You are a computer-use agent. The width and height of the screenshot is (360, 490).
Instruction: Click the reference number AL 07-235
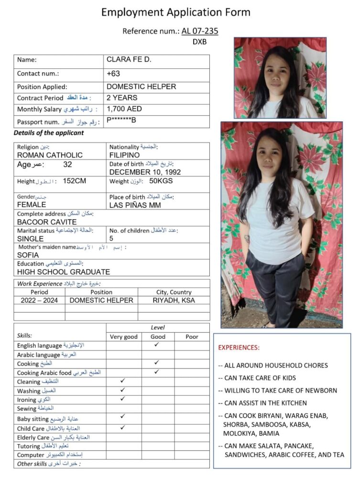pos(200,31)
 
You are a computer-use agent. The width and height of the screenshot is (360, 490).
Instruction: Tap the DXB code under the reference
pos(199,42)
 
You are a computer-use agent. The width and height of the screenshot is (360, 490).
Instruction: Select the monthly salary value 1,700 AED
pos(124,109)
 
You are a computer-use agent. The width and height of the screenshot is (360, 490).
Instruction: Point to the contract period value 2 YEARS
pos(122,98)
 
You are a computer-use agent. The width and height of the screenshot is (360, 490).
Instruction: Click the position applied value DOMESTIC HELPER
pos(141,87)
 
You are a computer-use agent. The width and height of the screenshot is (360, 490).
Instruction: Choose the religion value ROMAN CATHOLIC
pos(50,155)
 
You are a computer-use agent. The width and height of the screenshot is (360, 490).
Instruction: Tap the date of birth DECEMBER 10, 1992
pos(145,172)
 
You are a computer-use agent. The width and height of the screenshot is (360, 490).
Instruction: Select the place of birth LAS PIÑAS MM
pos(135,205)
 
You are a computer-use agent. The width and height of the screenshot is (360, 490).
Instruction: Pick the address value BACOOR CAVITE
pos(47,222)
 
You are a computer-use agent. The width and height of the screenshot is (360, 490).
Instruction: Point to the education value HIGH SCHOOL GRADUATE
pos(64,272)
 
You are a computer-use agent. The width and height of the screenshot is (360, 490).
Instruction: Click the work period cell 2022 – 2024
pos(39,301)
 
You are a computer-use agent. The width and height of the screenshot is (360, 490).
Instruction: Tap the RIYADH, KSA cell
pos(174,301)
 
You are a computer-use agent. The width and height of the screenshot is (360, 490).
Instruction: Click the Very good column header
pos(123,336)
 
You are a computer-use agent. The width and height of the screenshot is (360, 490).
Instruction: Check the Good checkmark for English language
pos(157,345)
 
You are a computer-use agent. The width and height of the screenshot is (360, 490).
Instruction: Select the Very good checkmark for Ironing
pos(123,399)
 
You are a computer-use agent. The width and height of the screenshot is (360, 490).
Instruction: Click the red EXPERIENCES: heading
pos(239,347)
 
